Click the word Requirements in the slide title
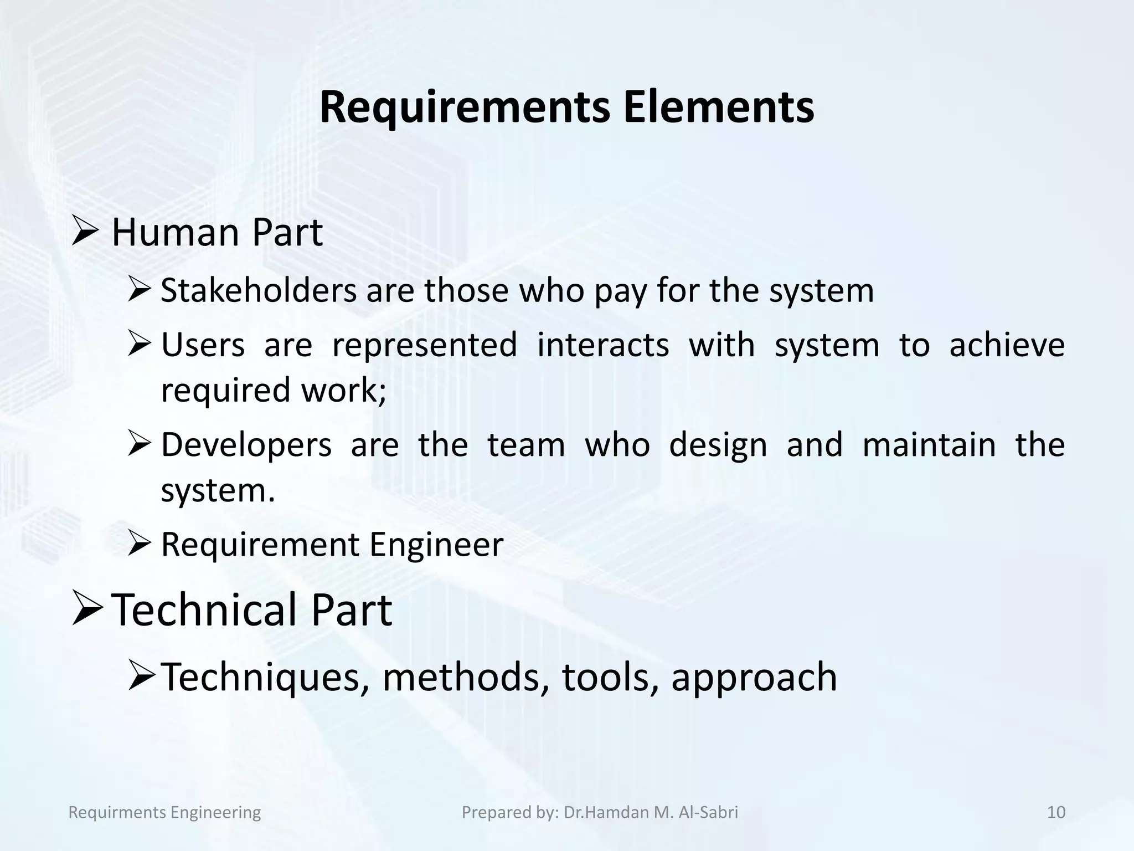pos(465,108)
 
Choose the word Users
pos(203,345)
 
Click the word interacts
pos(603,345)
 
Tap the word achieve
pos(1007,345)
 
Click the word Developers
pos(246,445)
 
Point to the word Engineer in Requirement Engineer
pos(436,545)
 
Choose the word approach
pos(754,678)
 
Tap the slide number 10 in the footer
pos(1056,812)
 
